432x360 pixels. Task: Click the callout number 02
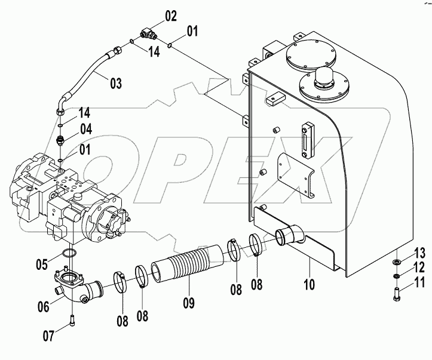(x=171, y=16)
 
